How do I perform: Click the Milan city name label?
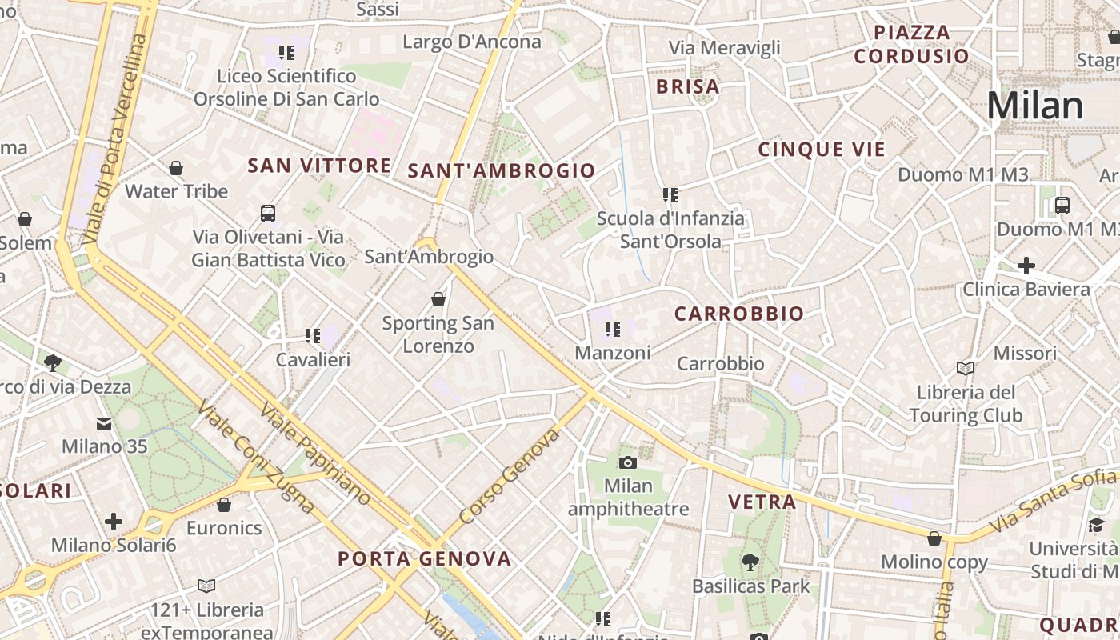(x=1035, y=106)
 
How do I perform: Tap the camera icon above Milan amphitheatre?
(x=628, y=462)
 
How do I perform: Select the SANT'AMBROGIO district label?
(x=502, y=170)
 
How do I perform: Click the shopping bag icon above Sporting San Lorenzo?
(x=438, y=299)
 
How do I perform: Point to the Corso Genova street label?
(x=510, y=477)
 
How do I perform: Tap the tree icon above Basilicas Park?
(x=750, y=562)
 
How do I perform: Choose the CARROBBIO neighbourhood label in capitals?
(x=738, y=314)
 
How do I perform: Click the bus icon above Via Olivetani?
(x=268, y=214)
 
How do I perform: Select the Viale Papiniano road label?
(x=315, y=454)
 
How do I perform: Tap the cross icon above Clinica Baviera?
(x=1026, y=266)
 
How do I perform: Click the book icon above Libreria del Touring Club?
(x=966, y=368)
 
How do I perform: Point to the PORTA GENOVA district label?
(x=424, y=558)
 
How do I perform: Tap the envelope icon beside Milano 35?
(x=104, y=423)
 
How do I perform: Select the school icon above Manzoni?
(x=613, y=329)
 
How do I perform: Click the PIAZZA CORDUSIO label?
(x=911, y=44)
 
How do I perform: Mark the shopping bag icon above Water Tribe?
(x=176, y=168)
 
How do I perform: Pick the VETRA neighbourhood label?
(x=762, y=502)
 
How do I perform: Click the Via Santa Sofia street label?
(x=1053, y=502)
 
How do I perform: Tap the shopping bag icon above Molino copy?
(x=934, y=538)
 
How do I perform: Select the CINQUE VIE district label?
(x=822, y=150)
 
